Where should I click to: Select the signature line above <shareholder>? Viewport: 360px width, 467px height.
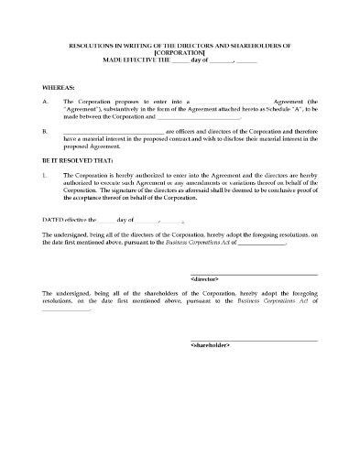(254, 339)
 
